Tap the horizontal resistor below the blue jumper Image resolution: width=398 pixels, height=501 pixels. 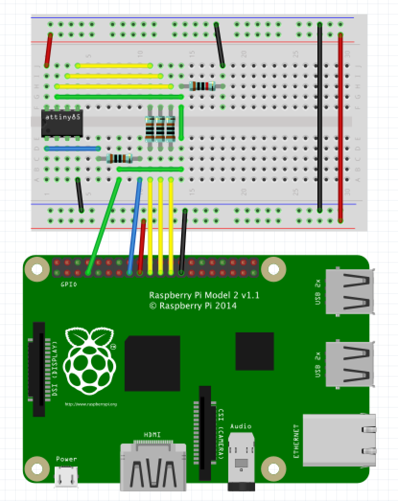click(x=120, y=159)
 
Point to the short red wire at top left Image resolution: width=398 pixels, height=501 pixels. click(x=48, y=50)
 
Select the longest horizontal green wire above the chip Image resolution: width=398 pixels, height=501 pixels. click(x=119, y=97)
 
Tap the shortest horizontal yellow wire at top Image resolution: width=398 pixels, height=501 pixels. click(x=114, y=65)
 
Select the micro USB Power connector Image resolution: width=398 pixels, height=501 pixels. click(x=66, y=477)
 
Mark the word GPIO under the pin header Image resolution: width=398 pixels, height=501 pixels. click(x=68, y=284)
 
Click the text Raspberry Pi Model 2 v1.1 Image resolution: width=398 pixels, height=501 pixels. click(x=204, y=296)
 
